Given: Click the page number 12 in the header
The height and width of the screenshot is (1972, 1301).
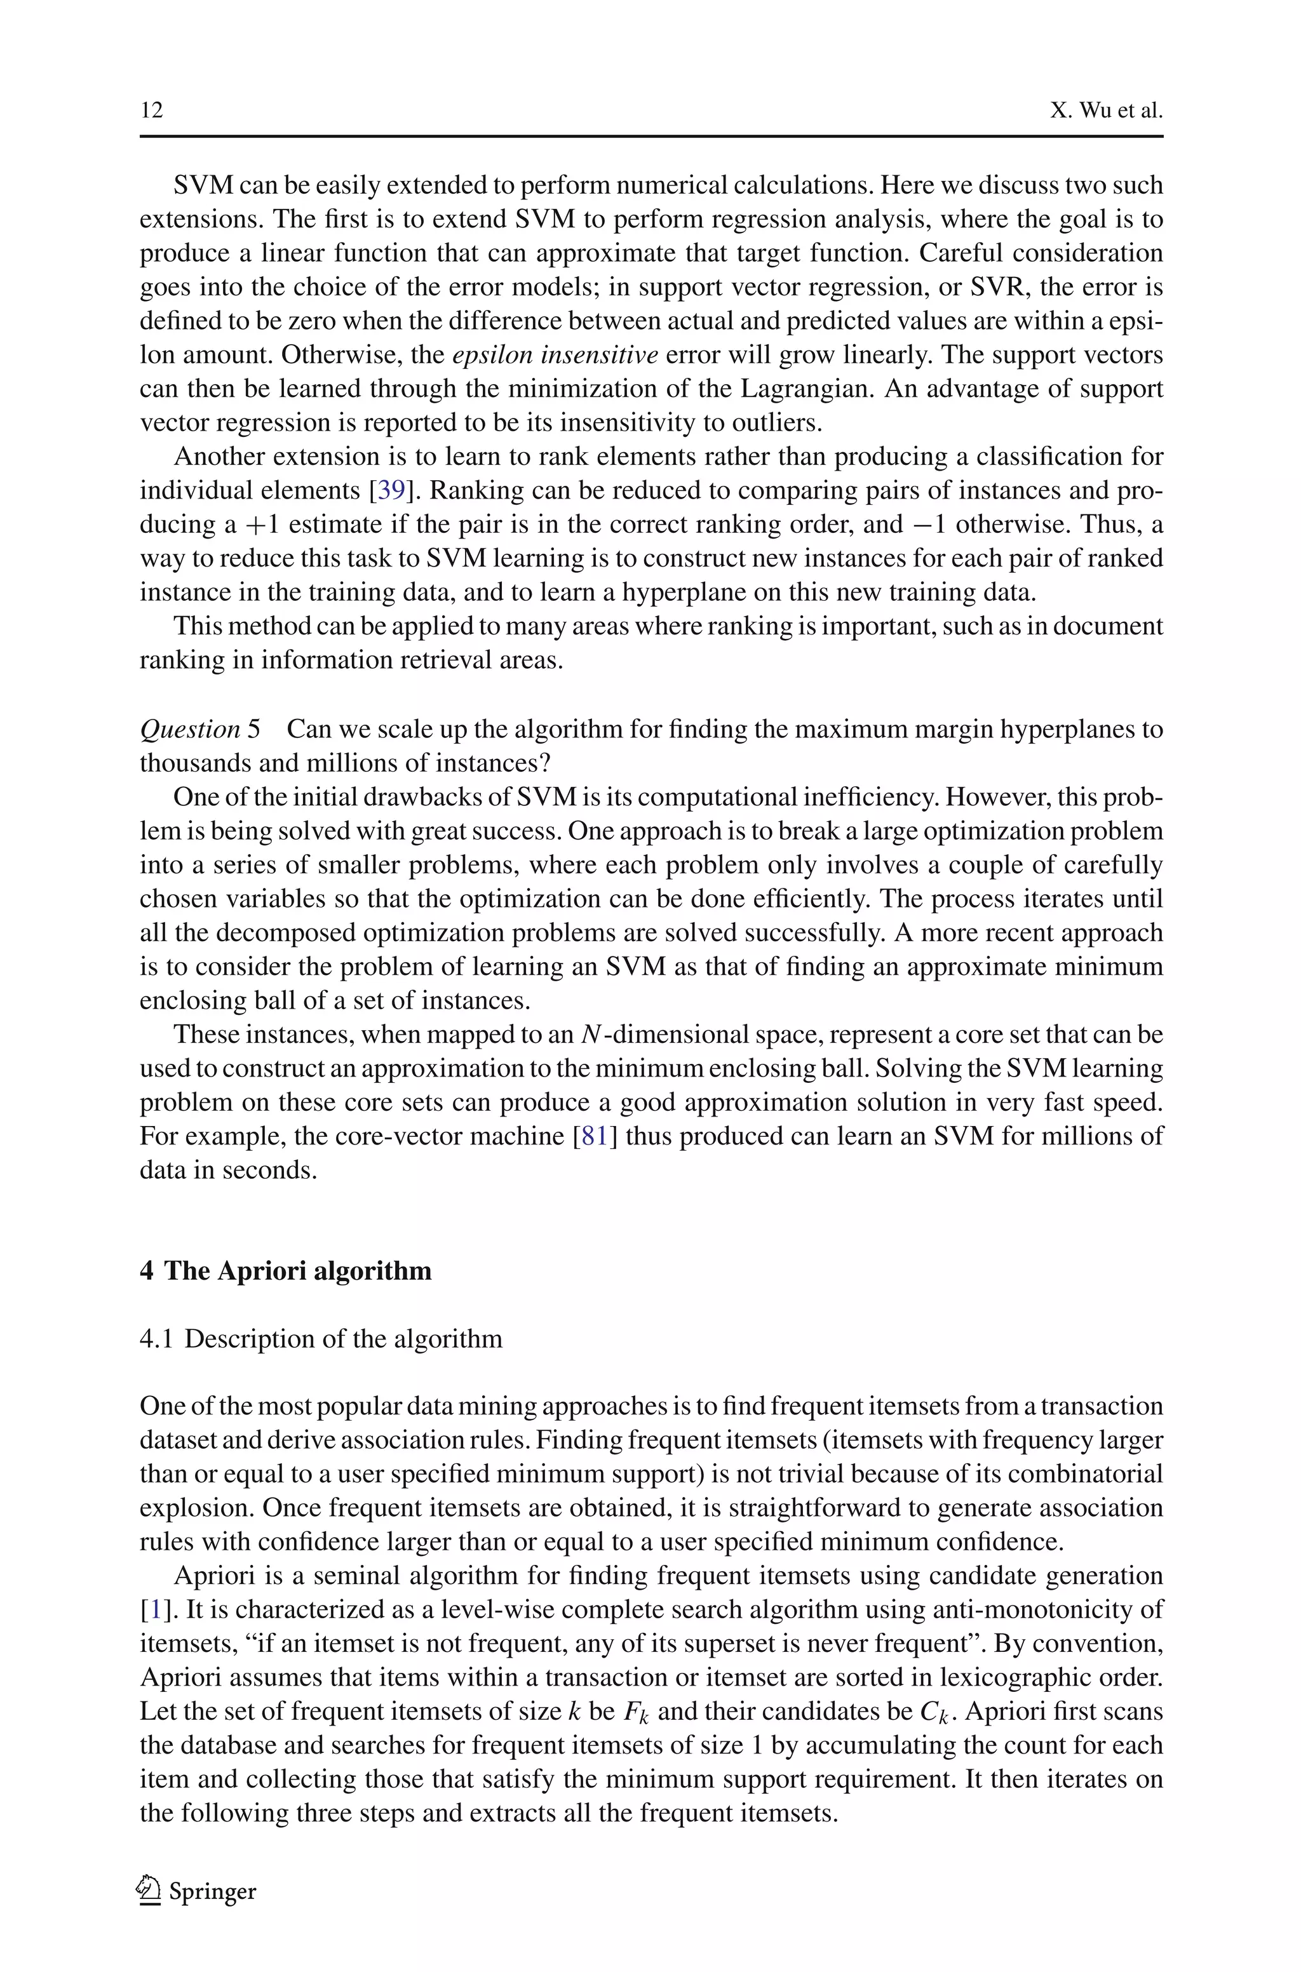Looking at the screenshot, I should point(151,111).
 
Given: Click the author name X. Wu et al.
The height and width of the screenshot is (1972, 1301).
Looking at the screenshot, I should point(1105,111).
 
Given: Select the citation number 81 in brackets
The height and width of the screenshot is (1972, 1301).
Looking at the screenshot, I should point(595,1136).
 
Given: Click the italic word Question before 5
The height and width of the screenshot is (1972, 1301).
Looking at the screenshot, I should point(190,729).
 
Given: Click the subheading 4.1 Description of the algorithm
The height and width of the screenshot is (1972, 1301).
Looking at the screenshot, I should point(320,1338).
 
